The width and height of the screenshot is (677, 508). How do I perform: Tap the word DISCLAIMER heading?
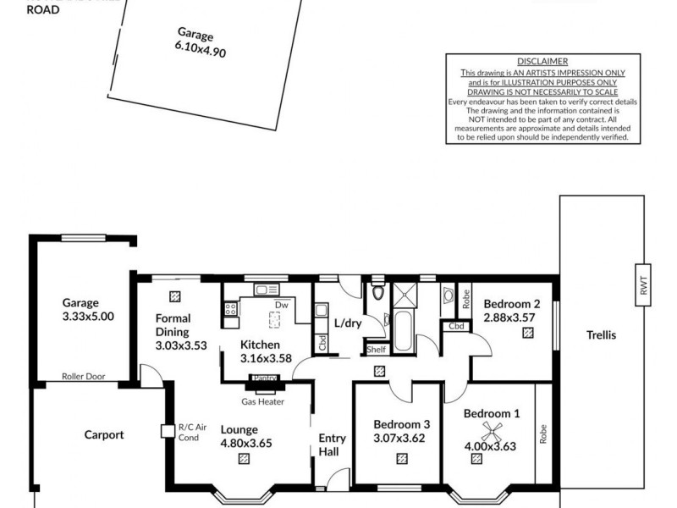tap(542, 61)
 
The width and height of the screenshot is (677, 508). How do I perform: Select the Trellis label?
tap(601, 335)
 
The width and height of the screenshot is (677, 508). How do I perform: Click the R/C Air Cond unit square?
tap(168, 432)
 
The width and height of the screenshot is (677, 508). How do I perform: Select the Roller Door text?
tap(84, 377)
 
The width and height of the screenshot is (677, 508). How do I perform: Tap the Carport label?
tap(104, 435)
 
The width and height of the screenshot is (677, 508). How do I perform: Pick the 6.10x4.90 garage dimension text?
tap(201, 48)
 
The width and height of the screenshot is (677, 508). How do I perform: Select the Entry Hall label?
tap(332, 445)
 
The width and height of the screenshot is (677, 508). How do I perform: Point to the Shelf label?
tap(376, 349)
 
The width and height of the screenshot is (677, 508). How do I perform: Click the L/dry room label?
tap(348, 323)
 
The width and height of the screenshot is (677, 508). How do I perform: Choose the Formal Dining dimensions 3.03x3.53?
tap(181, 345)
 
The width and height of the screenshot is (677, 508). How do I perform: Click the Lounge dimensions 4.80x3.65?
tap(246, 442)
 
